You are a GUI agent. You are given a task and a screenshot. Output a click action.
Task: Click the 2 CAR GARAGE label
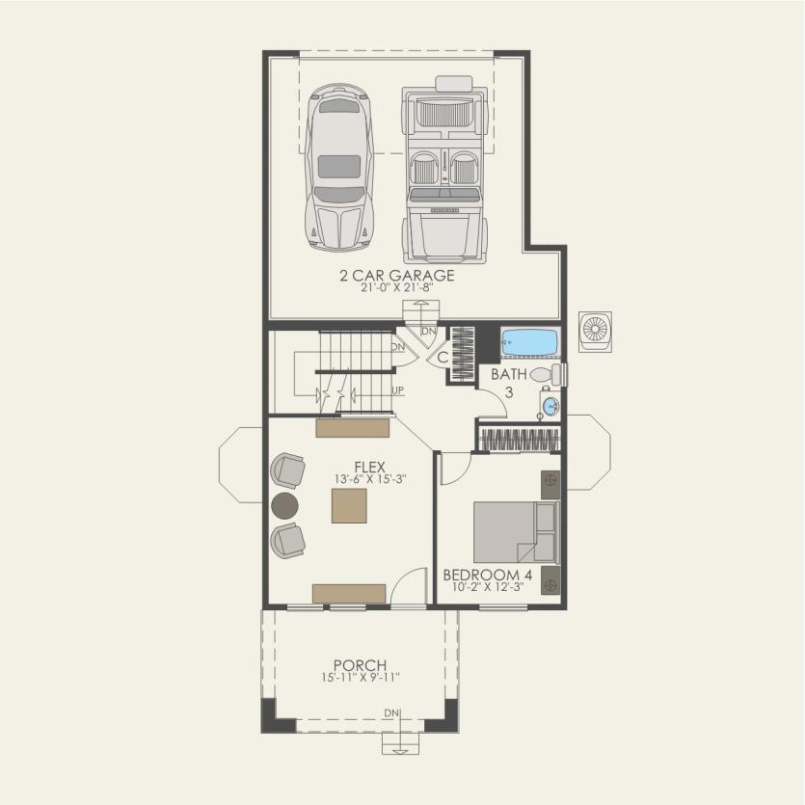click(x=396, y=276)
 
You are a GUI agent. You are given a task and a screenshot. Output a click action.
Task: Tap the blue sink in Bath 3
click(x=550, y=406)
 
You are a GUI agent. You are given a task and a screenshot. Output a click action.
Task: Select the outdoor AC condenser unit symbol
click(x=595, y=331)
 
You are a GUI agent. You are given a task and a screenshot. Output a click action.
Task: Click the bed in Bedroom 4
click(x=516, y=532)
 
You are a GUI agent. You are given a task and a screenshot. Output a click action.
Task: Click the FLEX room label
click(x=369, y=468)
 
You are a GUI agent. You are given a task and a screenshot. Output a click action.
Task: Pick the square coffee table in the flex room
click(x=349, y=505)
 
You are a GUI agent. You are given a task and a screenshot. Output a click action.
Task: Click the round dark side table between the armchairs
click(x=285, y=504)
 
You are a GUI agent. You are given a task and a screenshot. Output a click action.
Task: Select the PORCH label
click(x=360, y=665)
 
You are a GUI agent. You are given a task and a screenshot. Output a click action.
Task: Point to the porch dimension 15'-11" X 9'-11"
click(x=360, y=678)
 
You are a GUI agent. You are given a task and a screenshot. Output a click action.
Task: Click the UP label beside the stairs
click(x=397, y=390)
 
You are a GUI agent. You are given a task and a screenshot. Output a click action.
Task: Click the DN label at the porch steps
click(x=391, y=713)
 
